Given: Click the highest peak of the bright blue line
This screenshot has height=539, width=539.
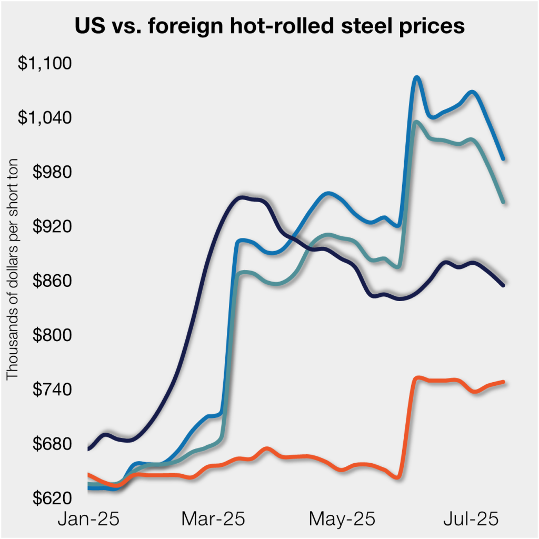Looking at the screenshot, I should [416, 77].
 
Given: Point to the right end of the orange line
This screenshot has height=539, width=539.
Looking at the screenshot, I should [504, 382].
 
